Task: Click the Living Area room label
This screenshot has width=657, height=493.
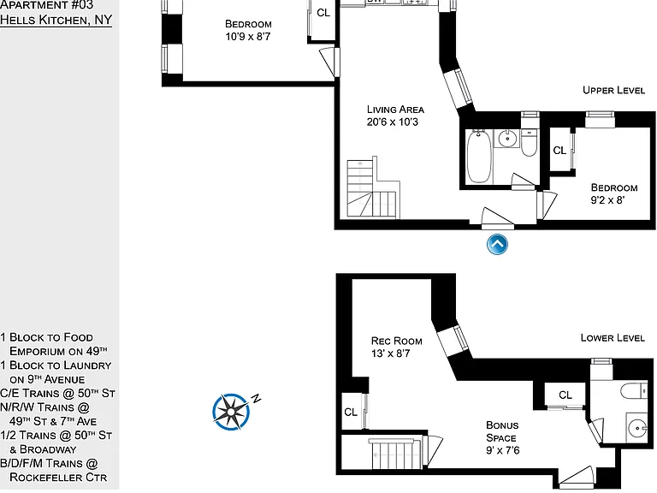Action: (395, 110)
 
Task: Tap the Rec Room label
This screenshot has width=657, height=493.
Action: (396, 341)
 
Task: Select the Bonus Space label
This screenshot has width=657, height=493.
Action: (502, 431)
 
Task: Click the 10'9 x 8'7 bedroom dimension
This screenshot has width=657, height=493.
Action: (248, 37)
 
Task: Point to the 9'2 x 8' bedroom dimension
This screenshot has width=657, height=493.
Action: (607, 200)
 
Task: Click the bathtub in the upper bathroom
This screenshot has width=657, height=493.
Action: (479, 157)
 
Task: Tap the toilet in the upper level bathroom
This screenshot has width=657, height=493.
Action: (529, 143)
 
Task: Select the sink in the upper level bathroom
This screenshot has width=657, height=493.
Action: (507, 139)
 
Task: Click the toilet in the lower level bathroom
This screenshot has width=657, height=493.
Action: (634, 391)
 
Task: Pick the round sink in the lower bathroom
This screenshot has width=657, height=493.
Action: (637, 428)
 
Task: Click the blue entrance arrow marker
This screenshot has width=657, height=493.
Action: (497, 244)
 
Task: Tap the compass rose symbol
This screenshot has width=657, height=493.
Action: (231, 412)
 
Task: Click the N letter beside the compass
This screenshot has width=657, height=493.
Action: (257, 398)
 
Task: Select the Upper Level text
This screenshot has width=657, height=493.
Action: (614, 90)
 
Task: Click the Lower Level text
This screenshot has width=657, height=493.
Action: (613, 338)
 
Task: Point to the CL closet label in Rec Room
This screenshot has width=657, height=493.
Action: (351, 413)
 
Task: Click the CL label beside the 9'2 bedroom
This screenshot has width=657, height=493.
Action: (559, 150)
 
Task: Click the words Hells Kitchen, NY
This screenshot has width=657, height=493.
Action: (56, 20)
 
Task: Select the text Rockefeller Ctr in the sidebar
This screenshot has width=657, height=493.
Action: (58, 477)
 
